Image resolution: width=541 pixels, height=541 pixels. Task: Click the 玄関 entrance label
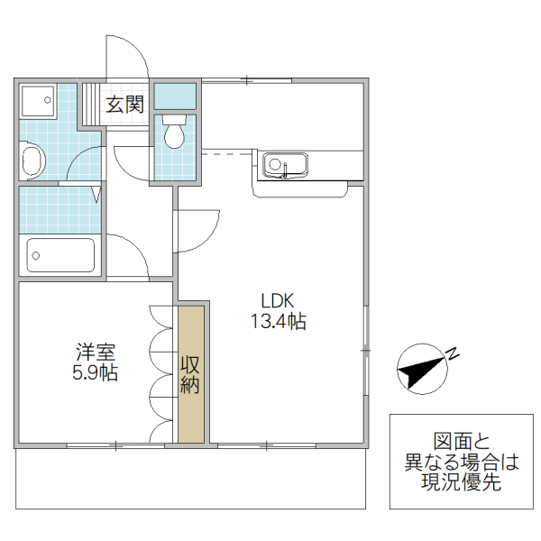click(x=125, y=104)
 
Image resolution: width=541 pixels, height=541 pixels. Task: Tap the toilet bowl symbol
click(x=174, y=136)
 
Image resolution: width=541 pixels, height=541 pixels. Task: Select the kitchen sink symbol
click(x=285, y=165)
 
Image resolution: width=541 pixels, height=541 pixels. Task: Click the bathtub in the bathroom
click(x=60, y=254)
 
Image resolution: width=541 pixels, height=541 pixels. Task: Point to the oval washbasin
click(x=32, y=163)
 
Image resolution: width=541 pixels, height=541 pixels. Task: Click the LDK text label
click(x=279, y=301)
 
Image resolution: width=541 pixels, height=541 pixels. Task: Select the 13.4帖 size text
click(x=279, y=321)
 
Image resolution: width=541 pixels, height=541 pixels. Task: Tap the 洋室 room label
click(x=95, y=352)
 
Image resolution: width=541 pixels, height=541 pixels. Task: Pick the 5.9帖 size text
click(x=95, y=372)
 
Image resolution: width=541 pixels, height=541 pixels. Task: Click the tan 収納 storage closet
click(x=190, y=374)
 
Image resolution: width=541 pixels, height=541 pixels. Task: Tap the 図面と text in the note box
click(x=460, y=443)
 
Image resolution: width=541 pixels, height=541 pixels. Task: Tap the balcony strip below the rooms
click(x=190, y=479)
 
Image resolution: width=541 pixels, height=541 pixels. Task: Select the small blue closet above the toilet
click(x=175, y=95)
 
